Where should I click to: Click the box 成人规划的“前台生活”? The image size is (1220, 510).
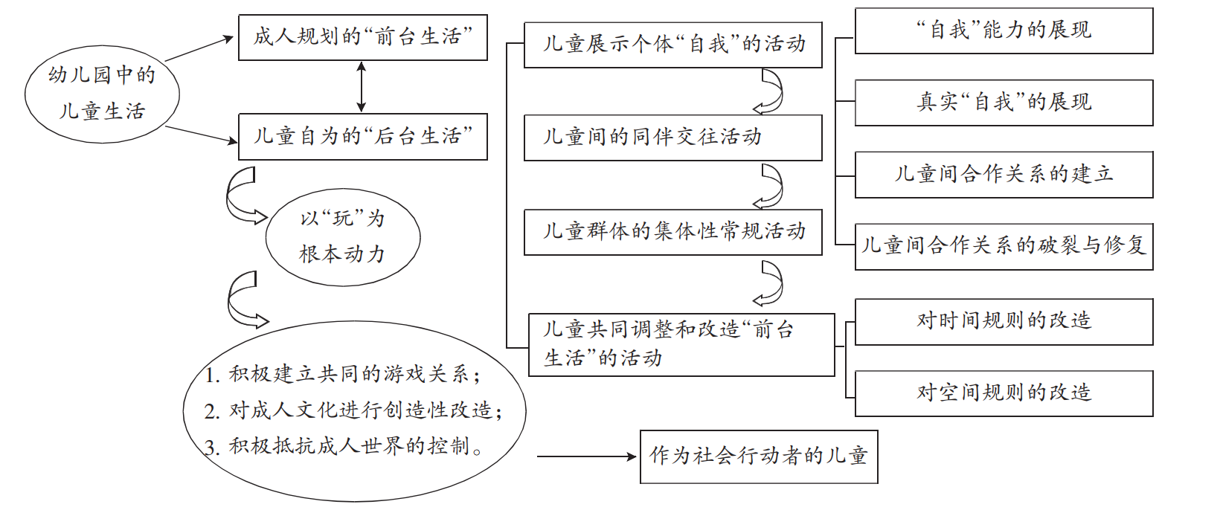[x=362, y=37]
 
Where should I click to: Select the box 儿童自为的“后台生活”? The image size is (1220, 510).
[x=362, y=137]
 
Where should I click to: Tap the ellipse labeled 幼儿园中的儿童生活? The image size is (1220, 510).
[x=102, y=93]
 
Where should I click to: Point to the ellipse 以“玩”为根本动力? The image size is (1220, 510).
[x=342, y=237]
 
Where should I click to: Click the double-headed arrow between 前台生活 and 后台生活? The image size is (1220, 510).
[x=362, y=87]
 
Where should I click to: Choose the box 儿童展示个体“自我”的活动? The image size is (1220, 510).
[x=672, y=45]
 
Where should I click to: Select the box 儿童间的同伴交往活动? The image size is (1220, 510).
[x=672, y=138]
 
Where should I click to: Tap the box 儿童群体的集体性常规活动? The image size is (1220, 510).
[x=672, y=232]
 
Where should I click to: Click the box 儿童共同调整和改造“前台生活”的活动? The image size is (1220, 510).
[x=681, y=344]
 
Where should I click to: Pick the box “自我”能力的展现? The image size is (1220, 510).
[x=1004, y=31]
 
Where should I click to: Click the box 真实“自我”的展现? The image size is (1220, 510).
[x=1004, y=103]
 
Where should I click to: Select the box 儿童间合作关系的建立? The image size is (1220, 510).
[x=1004, y=175]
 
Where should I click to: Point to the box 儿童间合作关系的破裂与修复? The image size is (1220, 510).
[x=1004, y=246]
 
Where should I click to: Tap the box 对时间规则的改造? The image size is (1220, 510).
[x=1004, y=321]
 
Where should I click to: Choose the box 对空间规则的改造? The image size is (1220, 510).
[x=1004, y=393]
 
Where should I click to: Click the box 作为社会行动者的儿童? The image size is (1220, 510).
[x=759, y=456]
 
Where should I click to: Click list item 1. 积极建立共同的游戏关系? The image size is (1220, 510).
[x=343, y=374]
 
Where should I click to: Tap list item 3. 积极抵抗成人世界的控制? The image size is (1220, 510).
[x=344, y=446]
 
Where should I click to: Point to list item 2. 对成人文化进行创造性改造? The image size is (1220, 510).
[x=354, y=410]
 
